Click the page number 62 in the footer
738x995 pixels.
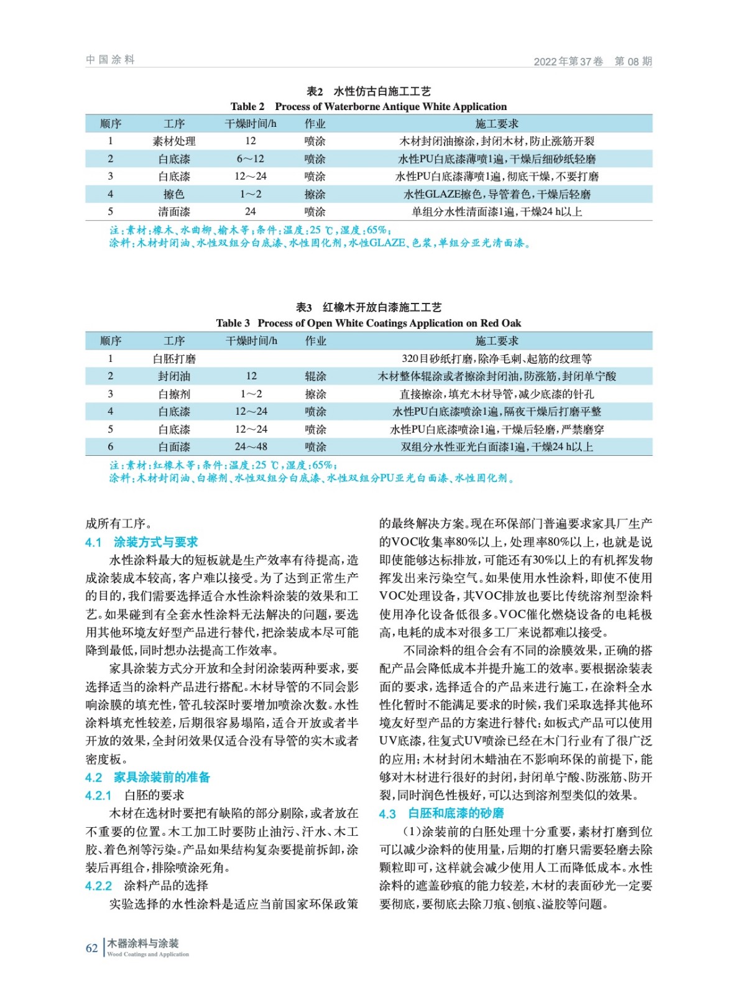(91, 948)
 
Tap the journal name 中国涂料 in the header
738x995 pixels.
(110, 60)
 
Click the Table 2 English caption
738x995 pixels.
(368, 106)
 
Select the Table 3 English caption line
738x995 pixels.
(368, 323)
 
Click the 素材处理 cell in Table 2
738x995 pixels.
(174, 141)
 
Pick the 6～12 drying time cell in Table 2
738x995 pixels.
(250, 159)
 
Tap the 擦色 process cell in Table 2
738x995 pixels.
(174, 194)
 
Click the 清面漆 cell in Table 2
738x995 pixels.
(174, 211)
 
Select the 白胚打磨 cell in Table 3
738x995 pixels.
(174, 358)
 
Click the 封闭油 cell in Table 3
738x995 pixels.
(174, 376)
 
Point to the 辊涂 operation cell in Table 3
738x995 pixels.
(315, 376)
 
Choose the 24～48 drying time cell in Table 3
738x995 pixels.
(251, 447)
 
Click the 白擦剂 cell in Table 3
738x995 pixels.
(174, 394)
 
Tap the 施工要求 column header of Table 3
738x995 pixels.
(496, 341)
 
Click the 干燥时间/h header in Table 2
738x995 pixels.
(250, 124)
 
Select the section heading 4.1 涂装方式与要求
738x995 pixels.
(141, 542)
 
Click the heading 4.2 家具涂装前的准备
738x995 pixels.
(147, 777)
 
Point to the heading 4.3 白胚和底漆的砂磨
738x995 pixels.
(441, 813)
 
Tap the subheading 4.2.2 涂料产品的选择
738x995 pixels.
(146, 885)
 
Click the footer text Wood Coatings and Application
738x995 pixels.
(148, 954)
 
